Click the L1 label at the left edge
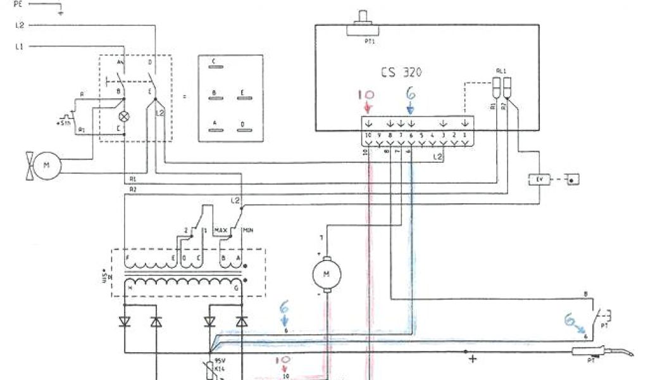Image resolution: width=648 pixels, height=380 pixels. [18, 46]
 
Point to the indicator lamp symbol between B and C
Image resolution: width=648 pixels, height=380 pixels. [125, 117]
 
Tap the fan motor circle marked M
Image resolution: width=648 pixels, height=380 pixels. [46, 165]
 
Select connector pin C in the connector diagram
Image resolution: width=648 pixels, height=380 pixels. [215, 62]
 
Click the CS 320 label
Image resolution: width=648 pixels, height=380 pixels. [401, 72]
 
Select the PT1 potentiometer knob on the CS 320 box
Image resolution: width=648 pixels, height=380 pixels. [364, 19]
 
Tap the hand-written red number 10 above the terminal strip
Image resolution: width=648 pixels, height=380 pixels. [366, 96]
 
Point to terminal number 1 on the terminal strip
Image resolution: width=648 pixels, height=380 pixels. [465, 135]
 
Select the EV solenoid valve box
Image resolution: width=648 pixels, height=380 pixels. [540, 180]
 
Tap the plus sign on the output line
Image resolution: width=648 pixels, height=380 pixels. [472, 359]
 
